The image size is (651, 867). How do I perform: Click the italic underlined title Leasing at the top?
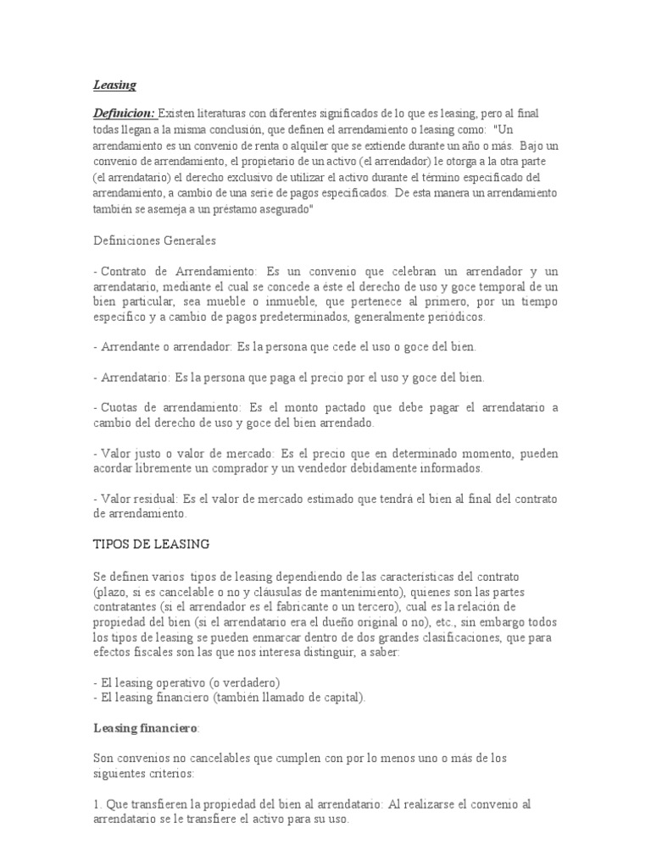tap(114, 85)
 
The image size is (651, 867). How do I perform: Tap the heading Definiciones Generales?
tap(154, 240)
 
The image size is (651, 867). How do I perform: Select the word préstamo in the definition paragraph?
tap(225, 210)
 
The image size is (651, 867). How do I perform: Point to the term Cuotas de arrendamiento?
tap(170, 408)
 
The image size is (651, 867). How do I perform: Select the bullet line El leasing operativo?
tap(186, 682)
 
